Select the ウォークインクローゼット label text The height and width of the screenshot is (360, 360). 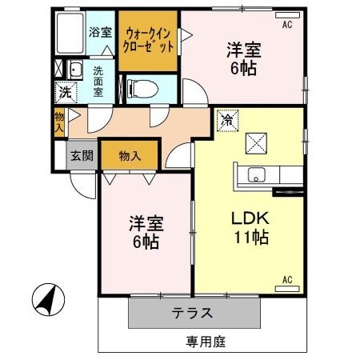tap(148, 40)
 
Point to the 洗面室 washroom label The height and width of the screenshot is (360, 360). tap(98, 80)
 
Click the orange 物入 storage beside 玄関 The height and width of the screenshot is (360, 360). tap(131, 155)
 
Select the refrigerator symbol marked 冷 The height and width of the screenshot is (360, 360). tap(227, 120)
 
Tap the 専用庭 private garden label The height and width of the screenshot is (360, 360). tap(206, 342)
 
